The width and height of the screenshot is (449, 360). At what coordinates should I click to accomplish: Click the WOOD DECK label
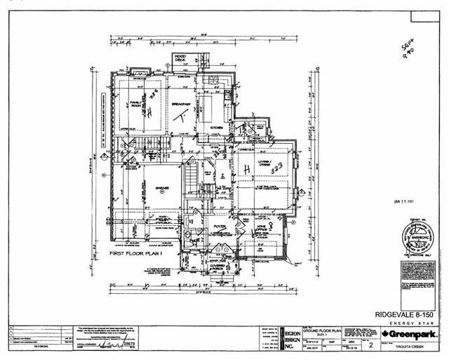coord(180,59)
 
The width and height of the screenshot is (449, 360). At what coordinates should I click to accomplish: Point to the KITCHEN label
coord(217,126)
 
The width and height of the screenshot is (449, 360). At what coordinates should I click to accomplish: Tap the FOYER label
coord(219,227)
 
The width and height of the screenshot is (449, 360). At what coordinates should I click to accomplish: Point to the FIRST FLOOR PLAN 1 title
coord(135,253)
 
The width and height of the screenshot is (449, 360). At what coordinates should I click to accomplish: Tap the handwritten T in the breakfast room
coord(180,114)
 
